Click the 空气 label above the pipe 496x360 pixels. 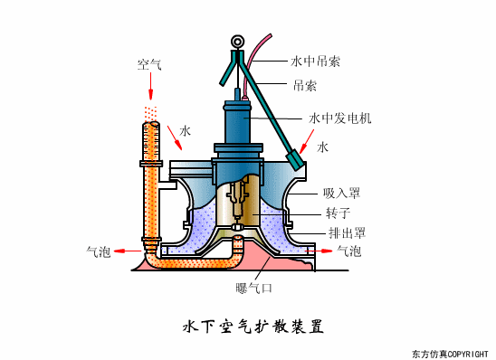click(x=149, y=65)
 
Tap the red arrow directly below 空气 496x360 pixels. click(x=150, y=86)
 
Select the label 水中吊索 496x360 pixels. click(x=315, y=62)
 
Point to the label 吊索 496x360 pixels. click(x=304, y=87)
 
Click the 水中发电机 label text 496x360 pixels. click(x=339, y=118)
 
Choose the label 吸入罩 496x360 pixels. click(x=341, y=193)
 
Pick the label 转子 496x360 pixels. click(x=338, y=213)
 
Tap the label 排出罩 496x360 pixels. click(x=347, y=232)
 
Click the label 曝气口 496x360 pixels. click(x=253, y=289)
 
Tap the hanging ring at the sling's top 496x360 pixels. click(x=238, y=41)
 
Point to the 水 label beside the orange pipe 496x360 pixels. click(x=185, y=131)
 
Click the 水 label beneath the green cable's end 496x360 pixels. click(x=322, y=146)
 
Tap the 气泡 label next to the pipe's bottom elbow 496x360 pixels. click(x=99, y=251)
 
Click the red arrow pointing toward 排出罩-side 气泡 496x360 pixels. click(x=322, y=251)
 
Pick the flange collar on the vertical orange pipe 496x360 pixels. click(x=149, y=164)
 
